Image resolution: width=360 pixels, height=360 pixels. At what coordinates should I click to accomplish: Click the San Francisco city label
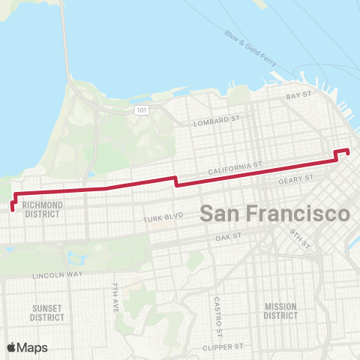pos(274,213)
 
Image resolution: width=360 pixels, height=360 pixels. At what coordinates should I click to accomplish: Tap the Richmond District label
pos(41,208)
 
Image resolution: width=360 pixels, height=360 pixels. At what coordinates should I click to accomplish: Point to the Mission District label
pos(280,310)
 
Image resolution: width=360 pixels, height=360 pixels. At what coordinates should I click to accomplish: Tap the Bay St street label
pos(298,97)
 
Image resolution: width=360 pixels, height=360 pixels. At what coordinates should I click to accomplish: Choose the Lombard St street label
pos(216,120)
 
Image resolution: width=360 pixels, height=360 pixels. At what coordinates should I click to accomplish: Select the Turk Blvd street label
pos(163,219)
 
